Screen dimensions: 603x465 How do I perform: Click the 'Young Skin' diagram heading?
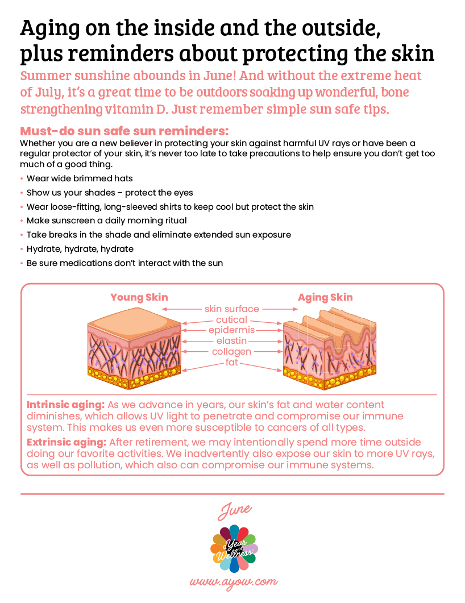click(139, 297)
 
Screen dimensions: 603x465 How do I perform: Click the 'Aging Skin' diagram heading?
click(325, 297)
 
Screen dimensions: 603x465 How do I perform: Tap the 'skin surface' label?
click(232, 309)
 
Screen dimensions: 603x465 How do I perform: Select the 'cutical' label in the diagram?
click(231, 320)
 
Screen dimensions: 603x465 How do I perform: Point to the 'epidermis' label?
click(231, 330)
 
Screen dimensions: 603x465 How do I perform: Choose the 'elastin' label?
click(231, 341)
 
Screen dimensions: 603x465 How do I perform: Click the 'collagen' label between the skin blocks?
click(231, 352)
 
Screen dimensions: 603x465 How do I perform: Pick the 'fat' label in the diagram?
click(231, 362)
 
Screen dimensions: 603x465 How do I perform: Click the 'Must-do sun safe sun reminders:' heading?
click(124, 130)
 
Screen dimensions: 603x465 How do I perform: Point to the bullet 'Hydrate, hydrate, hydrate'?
click(80, 249)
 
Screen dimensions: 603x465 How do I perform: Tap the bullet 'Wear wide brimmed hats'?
click(79, 178)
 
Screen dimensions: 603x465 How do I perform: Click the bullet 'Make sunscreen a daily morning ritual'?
click(106, 221)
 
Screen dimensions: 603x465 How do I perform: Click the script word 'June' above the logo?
click(234, 509)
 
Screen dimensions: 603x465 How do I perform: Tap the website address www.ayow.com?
click(234, 581)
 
